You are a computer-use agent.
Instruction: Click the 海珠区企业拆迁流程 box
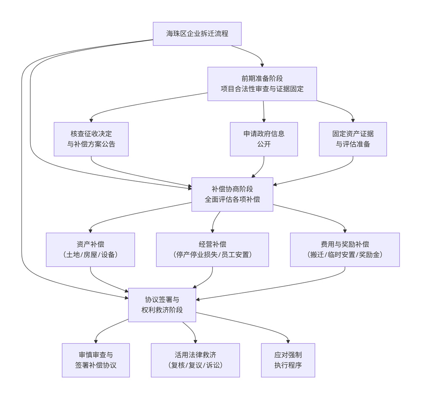pyautogui.click(x=197, y=34)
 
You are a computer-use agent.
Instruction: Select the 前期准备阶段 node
pyautogui.click(x=262, y=84)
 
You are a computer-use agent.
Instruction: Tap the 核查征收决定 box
pyautogui.click(x=91, y=139)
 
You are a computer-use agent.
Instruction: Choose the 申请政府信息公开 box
pyautogui.click(x=264, y=139)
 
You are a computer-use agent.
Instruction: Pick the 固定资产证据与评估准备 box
pyautogui.click(x=352, y=139)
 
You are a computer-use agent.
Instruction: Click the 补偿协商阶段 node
pyautogui.click(x=232, y=194)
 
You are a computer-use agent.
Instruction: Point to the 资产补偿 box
pyautogui.click(x=90, y=249)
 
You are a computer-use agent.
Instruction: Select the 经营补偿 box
pyautogui.click(x=212, y=249)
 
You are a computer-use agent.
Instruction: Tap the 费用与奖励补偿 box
pyautogui.click(x=344, y=249)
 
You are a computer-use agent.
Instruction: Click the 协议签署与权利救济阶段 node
pyautogui.click(x=162, y=305)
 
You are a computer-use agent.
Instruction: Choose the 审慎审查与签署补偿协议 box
pyautogui.click(x=96, y=360)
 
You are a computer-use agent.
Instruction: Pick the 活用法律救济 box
pyautogui.click(x=195, y=360)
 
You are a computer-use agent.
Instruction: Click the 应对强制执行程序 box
pyautogui.click(x=288, y=360)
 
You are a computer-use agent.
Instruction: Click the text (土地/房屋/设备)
pyautogui.click(x=90, y=255)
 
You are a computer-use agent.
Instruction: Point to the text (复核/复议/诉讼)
pyautogui.click(x=195, y=365)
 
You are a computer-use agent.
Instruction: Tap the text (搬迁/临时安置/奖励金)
pyautogui.click(x=344, y=255)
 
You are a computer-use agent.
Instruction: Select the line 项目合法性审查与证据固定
pyautogui.click(x=262, y=89)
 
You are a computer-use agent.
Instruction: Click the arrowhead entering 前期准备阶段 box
pyautogui.click(x=262, y=65)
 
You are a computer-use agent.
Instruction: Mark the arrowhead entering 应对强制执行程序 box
pyautogui.click(x=288, y=341)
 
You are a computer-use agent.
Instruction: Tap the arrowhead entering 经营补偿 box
pyautogui.click(x=213, y=231)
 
